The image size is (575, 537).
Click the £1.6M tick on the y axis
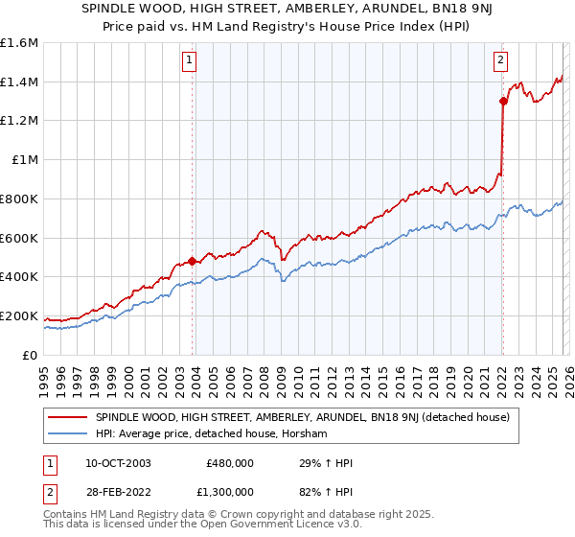tap(19, 43)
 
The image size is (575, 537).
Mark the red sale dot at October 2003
tap(192, 261)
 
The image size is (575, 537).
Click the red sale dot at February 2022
tap(502, 101)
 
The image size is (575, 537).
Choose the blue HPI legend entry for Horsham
tap(212, 434)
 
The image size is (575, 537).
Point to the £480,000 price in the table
tap(230, 463)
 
